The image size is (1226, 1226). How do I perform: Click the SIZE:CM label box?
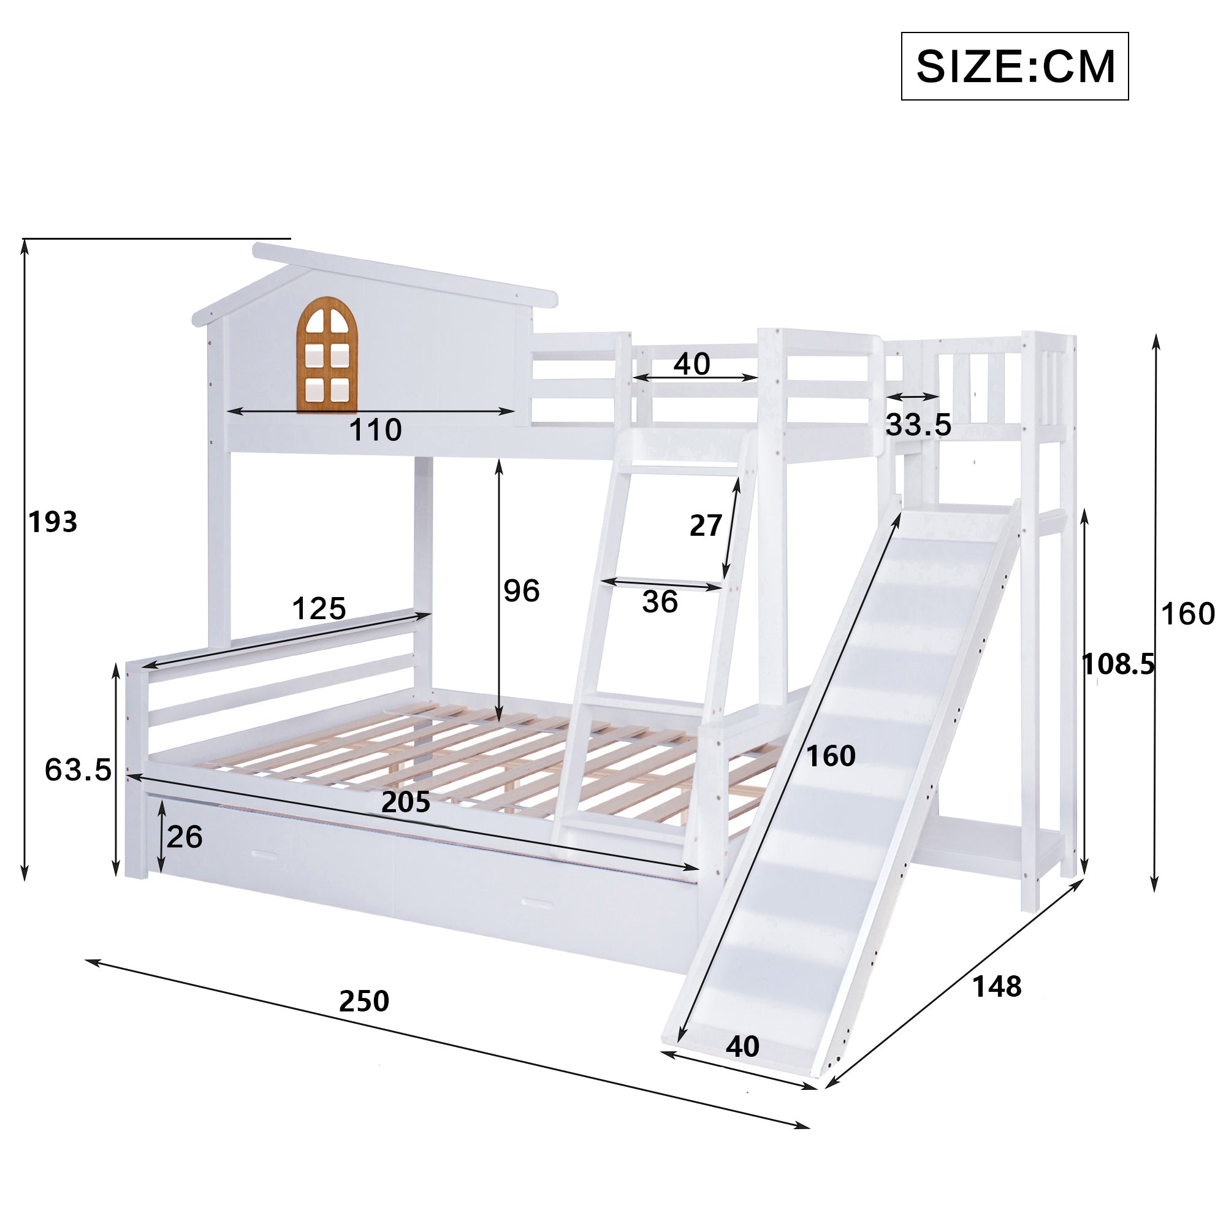pyautogui.click(x=1014, y=66)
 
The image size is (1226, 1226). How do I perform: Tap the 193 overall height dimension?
pyautogui.click(x=53, y=522)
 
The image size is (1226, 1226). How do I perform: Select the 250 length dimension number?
pyautogui.click(x=364, y=1002)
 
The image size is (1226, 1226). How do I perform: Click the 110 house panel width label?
pyautogui.click(x=375, y=430)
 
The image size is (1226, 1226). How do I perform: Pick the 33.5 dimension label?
pyautogui.click(x=918, y=425)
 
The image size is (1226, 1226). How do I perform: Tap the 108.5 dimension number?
pyautogui.click(x=1118, y=664)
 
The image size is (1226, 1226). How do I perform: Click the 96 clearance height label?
pyautogui.click(x=522, y=591)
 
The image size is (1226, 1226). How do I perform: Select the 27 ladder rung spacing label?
pyautogui.click(x=706, y=525)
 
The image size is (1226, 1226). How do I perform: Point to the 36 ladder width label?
pyautogui.click(x=660, y=601)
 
